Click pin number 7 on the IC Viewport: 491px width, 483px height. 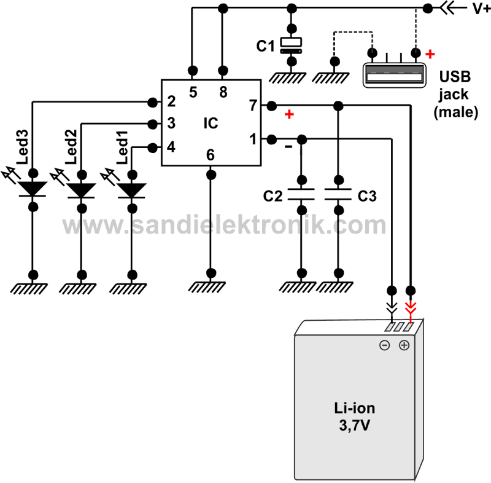(252, 105)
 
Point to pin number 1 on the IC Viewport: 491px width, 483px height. (252, 139)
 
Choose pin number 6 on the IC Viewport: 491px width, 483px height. (211, 155)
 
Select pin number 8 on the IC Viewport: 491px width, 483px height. (223, 92)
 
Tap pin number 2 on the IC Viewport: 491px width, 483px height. (171, 101)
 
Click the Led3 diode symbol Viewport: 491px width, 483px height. (33, 189)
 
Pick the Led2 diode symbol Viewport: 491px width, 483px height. (81, 190)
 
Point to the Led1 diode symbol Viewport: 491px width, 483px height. (130, 190)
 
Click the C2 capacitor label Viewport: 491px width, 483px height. (273, 197)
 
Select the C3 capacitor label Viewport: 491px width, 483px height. (367, 197)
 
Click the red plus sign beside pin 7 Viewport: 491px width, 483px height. (289, 115)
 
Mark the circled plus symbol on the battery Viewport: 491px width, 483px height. (404, 345)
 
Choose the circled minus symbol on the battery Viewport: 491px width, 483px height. (384, 345)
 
